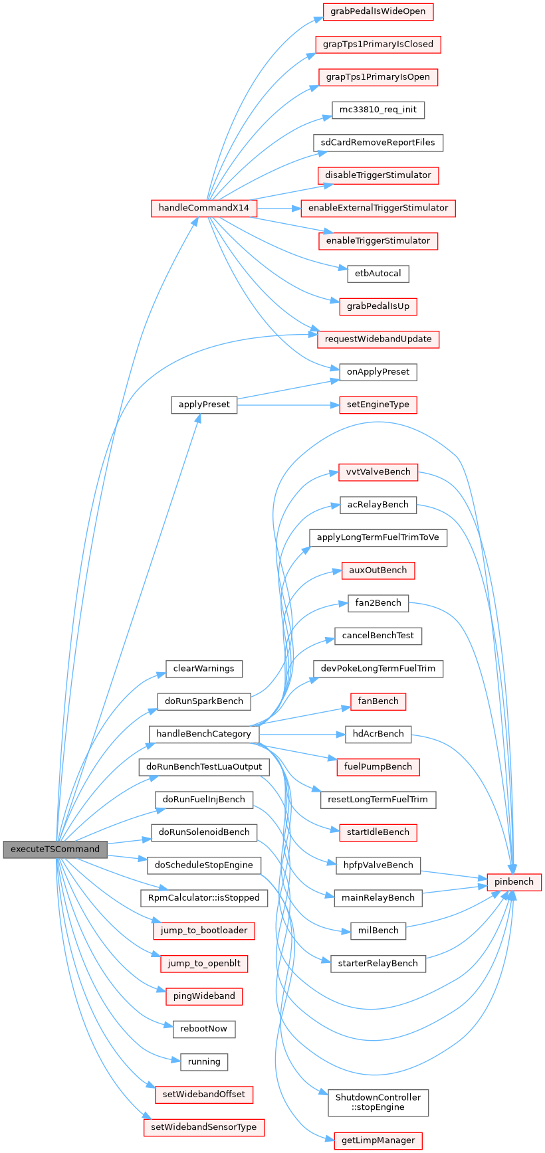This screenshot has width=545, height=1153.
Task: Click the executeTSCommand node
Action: [x=55, y=849]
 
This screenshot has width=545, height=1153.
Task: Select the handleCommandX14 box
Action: [x=203, y=208]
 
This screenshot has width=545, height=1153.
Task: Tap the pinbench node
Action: [x=514, y=881]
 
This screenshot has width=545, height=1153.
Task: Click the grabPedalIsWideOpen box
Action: [x=378, y=11]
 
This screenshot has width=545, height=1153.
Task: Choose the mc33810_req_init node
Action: [x=378, y=110]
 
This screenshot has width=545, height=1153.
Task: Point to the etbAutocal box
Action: [x=378, y=273]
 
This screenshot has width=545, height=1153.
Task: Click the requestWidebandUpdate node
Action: [x=378, y=339]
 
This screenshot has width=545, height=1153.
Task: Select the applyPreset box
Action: [x=203, y=404]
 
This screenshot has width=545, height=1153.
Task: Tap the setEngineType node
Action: [x=378, y=404]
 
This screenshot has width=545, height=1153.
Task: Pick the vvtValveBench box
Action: [x=378, y=472]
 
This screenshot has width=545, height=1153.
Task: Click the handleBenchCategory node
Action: [x=203, y=734]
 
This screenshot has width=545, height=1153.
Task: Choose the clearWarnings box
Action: [x=203, y=668]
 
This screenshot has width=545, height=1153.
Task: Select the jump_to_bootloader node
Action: [x=203, y=930]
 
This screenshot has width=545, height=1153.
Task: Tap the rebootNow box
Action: [x=203, y=1028]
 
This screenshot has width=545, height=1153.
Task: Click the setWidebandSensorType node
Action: [x=203, y=1126]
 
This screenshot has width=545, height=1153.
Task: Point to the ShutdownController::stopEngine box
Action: [x=378, y=1103]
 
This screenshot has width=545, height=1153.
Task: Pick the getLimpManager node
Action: [x=378, y=1140]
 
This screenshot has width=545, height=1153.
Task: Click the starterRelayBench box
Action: [x=378, y=963]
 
